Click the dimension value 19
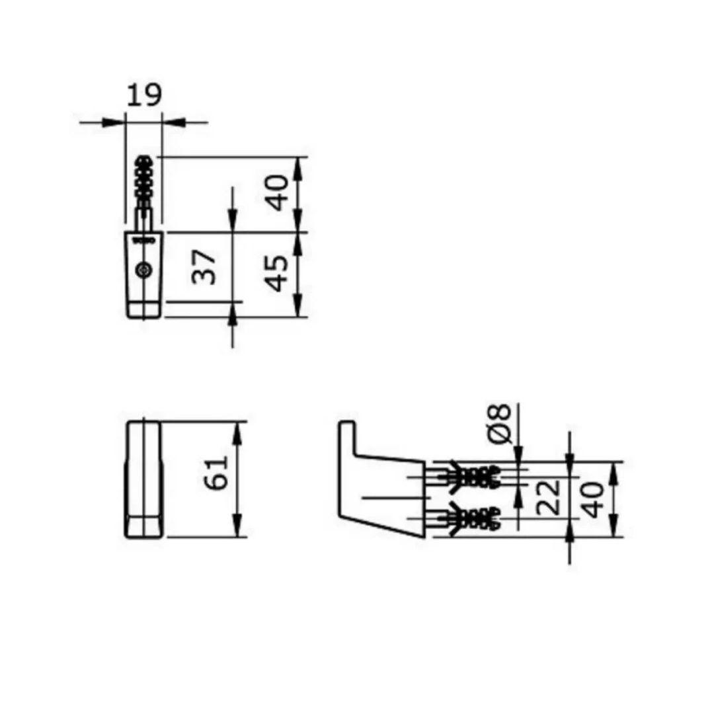point(143,95)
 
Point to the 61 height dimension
point(218,472)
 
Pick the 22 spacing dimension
point(549,497)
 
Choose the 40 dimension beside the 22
point(594,499)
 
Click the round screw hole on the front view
point(143,270)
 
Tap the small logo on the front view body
point(143,241)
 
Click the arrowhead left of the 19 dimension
point(116,122)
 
